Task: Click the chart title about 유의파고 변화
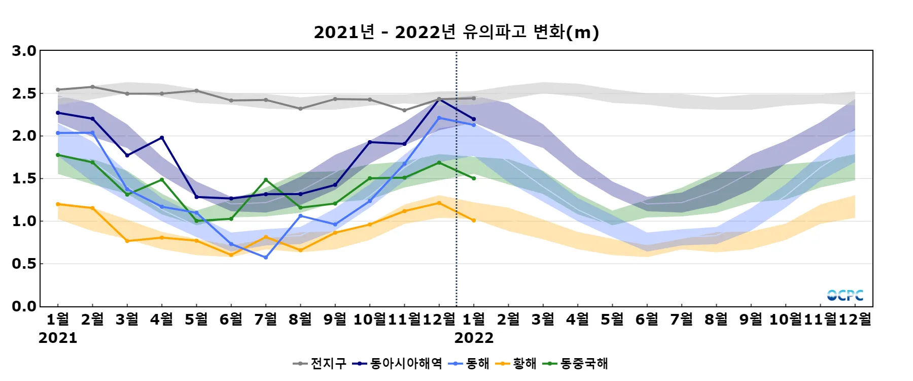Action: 456,32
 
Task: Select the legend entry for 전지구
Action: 320,363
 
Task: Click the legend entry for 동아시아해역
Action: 398,363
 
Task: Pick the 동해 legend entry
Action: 469,363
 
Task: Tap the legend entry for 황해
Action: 516,363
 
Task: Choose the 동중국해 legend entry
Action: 576,363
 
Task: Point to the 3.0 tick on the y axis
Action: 24,51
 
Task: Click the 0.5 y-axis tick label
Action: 24,264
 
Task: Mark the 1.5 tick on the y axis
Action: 24,178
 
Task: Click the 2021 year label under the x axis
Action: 58,338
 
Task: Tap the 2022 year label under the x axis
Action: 474,338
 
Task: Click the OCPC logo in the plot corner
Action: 845,295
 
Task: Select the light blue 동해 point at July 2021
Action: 266,258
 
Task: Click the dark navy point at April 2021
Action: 162,138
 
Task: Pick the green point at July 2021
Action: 266,180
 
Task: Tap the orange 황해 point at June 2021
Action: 231,255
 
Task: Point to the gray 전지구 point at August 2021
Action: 300,109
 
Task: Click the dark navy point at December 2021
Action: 439,100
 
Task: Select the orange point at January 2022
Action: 474,220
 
